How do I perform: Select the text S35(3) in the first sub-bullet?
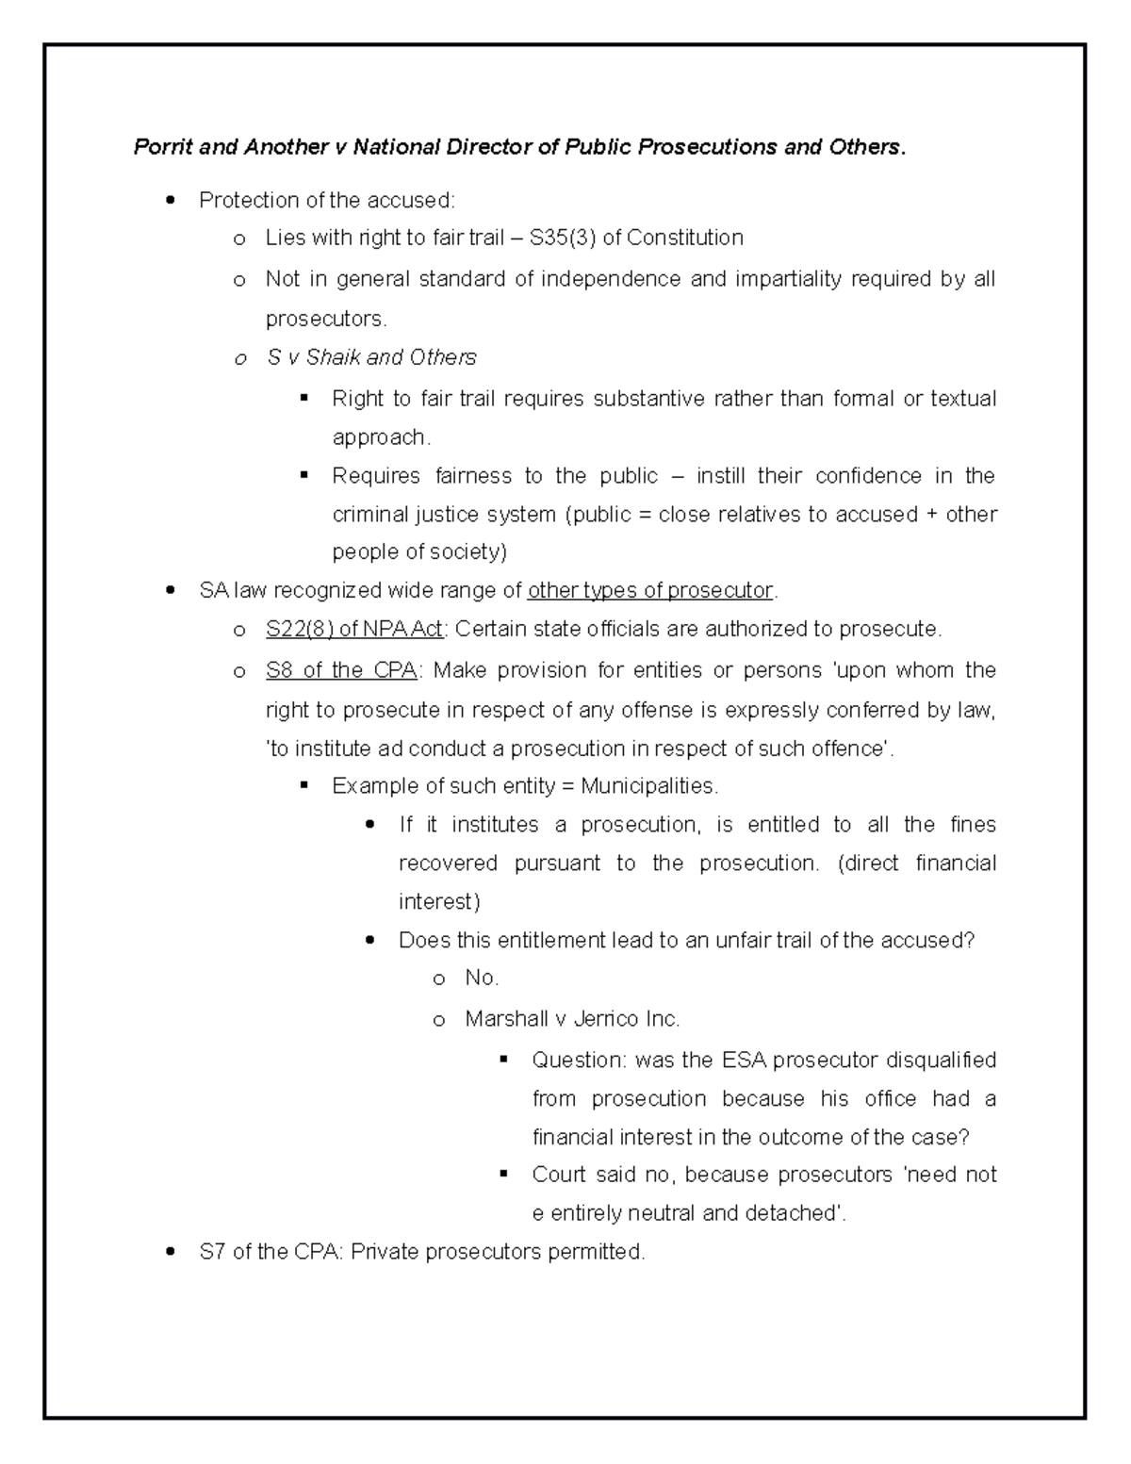[x=563, y=238]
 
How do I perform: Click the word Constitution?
[x=685, y=238]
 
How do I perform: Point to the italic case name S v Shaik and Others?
[x=372, y=357]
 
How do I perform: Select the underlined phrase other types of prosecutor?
[x=650, y=591]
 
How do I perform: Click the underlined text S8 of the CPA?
[x=342, y=670]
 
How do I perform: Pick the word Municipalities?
[x=649, y=786]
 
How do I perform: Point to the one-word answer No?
[x=481, y=978]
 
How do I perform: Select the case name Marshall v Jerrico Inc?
[x=572, y=1019]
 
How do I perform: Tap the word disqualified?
[x=941, y=1061]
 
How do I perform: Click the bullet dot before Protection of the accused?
[x=170, y=200]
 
